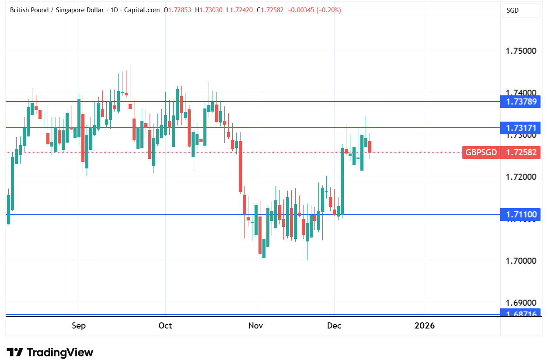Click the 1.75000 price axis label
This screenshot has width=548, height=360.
521,51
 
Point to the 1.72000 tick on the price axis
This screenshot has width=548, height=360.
521,177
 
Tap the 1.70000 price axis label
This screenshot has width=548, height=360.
521,261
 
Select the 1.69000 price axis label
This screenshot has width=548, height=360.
521,303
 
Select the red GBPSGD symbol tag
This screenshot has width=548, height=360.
481,153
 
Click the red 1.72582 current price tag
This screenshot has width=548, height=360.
521,153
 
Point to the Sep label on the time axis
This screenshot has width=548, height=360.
79,326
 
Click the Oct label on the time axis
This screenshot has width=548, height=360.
165,326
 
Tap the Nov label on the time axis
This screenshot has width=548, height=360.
256,326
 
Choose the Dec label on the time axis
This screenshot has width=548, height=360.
334,326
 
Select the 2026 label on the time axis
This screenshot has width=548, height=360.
425,326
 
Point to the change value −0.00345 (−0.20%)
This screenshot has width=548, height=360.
314,10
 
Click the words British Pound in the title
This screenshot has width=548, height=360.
28,10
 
